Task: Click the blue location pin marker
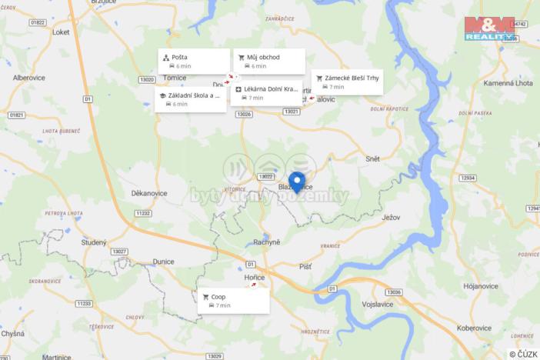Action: [x=296, y=182]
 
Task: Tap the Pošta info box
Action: [x=194, y=62]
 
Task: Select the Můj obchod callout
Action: [x=269, y=62]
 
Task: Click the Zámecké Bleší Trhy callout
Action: [x=347, y=82]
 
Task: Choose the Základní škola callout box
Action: [x=190, y=99]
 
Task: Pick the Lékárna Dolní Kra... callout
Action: [x=265, y=93]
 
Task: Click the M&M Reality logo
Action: [x=489, y=28]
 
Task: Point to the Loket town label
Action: [x=61, y=33]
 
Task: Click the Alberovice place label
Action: [x=29, y=78]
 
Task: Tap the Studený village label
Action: [x=93, y=242]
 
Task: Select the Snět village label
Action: [x=372, y=158]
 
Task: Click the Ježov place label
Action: [x=391, y=218]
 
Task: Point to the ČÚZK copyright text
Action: [x=523, y=354]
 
